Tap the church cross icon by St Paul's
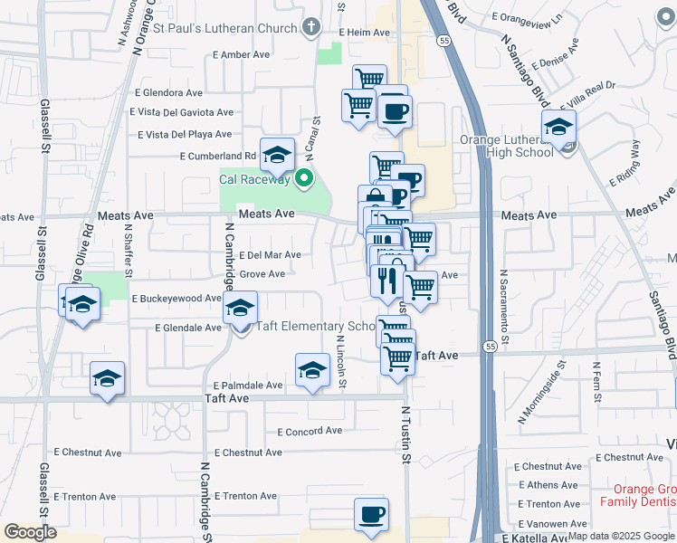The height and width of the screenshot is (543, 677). pyautogui.click(x=311, y=26)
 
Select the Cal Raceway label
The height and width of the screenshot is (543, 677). pyautogui.click(x=254, y=179)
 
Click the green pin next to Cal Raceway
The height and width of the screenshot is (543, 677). pyautogui.click(x=305, y=178)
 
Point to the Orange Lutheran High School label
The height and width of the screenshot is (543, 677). pyautogui.click(x=506, y=146)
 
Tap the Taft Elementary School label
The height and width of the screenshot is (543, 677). pyautogui.click(x=317, y=327)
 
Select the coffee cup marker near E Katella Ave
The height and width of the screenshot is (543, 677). pyautogui.click(x=370, y=515)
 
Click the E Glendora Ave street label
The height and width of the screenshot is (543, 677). pyautogui.click(x=169, y=92)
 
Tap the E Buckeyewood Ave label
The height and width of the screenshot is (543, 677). pyautogui.click(x=176, y=298)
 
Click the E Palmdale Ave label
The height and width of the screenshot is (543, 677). pyautogui.click(x=248, y=385)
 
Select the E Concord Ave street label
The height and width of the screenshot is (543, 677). pyautogui.click(x=310, y=432)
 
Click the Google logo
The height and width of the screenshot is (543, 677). pyautogui.click(x=30, y=532)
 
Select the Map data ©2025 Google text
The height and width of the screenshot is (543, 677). pyautogui.click(x=620, y=536)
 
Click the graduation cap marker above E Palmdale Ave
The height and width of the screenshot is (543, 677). pyautogui.click(x=311, y=370)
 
